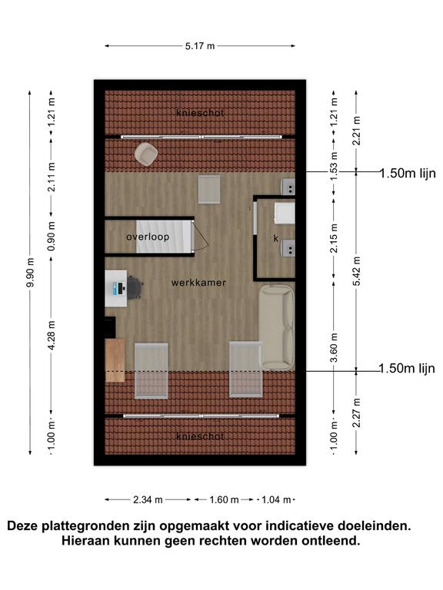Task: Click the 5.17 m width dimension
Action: (x=200, y=46)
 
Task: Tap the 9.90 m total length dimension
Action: (x=30, y=273)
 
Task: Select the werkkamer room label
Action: (x=198, y=283)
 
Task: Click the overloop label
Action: (x=148, y=237)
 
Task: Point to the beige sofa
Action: (x=276, y=327)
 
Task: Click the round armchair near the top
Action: (x=146, y=154)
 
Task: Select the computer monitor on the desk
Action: (x=120, y=289)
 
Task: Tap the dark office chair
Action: (x=134, y=288)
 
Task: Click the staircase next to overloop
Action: (x=164, y=237)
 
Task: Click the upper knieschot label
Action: (x=200, y=112)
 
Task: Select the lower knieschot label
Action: (x=200, y=436)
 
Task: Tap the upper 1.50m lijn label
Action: (x=408, y=174)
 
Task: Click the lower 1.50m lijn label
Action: (x=407, y=369)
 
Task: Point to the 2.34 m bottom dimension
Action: (x=148, y=499)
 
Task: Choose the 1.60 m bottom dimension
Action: (x=224, y=499)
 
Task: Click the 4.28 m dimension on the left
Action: (x=52, y=335)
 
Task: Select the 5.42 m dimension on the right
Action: (x=356, y=271)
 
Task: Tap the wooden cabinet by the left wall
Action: (x=115, y=360)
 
